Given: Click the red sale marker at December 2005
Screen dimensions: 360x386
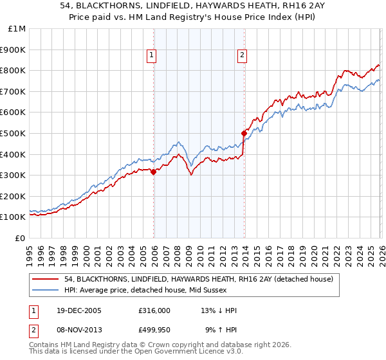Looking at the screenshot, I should click(153, 172).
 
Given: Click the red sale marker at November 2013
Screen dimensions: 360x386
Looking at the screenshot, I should click(244, 133).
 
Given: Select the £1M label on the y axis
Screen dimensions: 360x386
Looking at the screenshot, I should click(17, 28).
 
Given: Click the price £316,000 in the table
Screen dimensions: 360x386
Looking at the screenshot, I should click(154, 310).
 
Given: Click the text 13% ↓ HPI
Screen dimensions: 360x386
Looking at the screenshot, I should click(219, 310).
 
